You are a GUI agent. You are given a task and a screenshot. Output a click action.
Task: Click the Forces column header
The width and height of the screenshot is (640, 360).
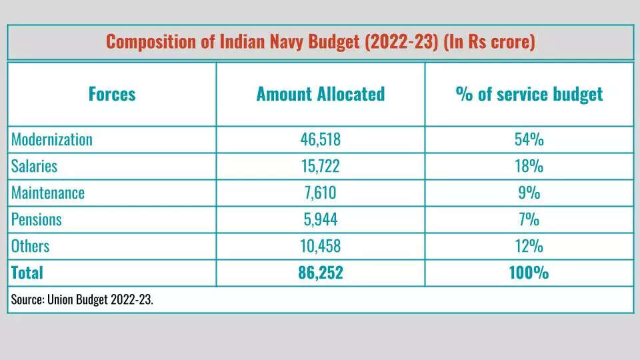[111, 94]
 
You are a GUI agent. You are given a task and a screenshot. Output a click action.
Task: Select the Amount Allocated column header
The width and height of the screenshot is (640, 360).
[320, 94]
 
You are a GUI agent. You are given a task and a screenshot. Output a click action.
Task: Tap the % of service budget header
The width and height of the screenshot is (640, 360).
[529, 94]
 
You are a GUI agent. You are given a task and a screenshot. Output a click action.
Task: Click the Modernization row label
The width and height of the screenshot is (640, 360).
[52, 139]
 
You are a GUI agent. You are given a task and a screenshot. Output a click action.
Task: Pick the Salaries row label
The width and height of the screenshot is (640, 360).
[34, 166]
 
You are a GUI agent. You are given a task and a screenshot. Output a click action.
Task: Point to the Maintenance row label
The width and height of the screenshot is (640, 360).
[48, 193]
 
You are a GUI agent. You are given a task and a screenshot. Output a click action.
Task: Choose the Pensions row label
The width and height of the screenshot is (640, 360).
[37, 219]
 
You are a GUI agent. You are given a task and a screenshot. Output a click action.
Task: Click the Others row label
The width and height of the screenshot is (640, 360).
[31, 246]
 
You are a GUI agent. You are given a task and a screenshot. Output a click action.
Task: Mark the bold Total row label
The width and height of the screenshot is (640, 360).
[27, 273]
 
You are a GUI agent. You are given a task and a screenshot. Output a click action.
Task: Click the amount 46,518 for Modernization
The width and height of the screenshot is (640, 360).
[320, 139]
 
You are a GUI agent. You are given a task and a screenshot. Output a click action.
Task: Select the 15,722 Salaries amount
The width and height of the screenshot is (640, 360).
[320, 166]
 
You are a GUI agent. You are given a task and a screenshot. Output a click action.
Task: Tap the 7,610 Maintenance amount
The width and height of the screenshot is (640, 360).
[320, 193]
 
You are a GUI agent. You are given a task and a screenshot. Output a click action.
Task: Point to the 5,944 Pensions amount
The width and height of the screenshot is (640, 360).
[320, 219]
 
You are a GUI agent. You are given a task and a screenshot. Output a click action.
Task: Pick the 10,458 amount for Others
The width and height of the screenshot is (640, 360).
[320, 246]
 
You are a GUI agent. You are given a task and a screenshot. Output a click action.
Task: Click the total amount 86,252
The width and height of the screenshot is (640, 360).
[320, 273]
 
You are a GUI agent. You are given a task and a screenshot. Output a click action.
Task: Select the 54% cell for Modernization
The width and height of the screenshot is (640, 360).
[529, 139]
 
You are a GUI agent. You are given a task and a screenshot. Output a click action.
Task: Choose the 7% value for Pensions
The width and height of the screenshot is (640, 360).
[529, 219]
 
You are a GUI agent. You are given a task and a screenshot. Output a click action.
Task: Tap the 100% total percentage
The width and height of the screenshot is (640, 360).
[529, 273]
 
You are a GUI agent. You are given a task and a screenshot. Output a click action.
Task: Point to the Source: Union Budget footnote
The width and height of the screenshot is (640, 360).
[81, 300]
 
